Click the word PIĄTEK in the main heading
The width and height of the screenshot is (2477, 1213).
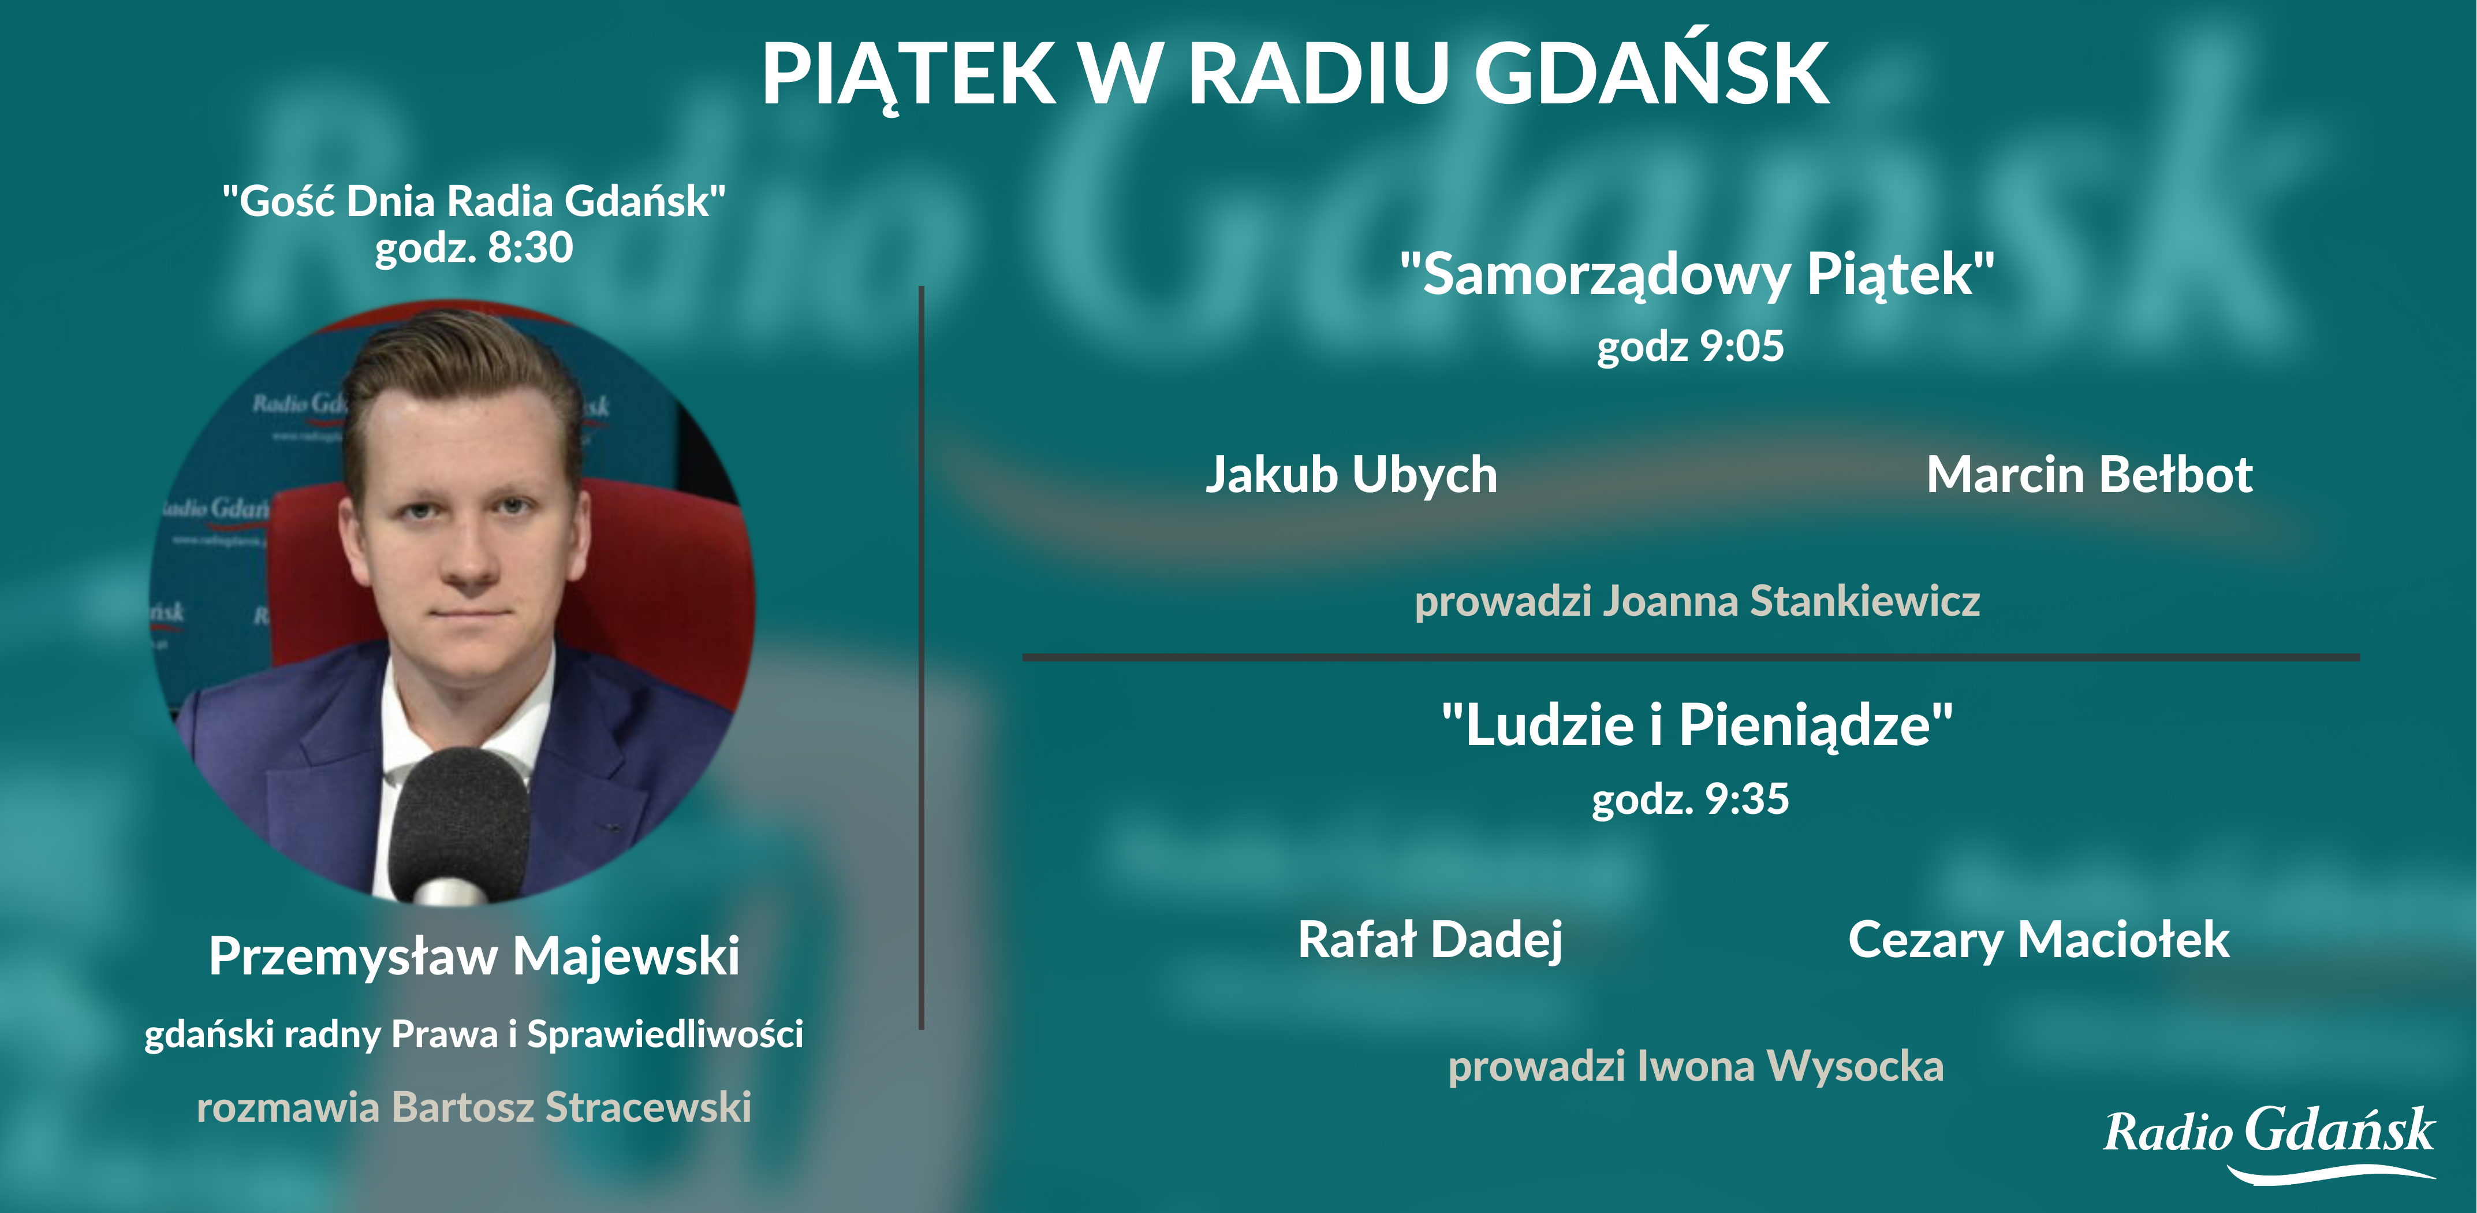coord(908,74)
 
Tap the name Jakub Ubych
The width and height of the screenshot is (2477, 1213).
coord(1351,475)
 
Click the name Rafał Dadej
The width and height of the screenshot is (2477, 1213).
coord(1430,940)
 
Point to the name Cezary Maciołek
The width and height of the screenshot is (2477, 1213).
coord(2039,940)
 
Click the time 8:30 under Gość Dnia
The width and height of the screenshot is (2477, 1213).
coord(530,247)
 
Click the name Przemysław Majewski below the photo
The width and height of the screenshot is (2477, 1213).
coord(474,956)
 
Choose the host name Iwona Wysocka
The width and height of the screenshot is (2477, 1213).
coord(1789,1066)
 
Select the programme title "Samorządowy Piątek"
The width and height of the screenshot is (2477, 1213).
coord(1697,275)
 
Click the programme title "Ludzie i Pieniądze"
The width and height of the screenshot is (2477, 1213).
coord(1697,725)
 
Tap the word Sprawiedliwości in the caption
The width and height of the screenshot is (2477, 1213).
coord(665,1034)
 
